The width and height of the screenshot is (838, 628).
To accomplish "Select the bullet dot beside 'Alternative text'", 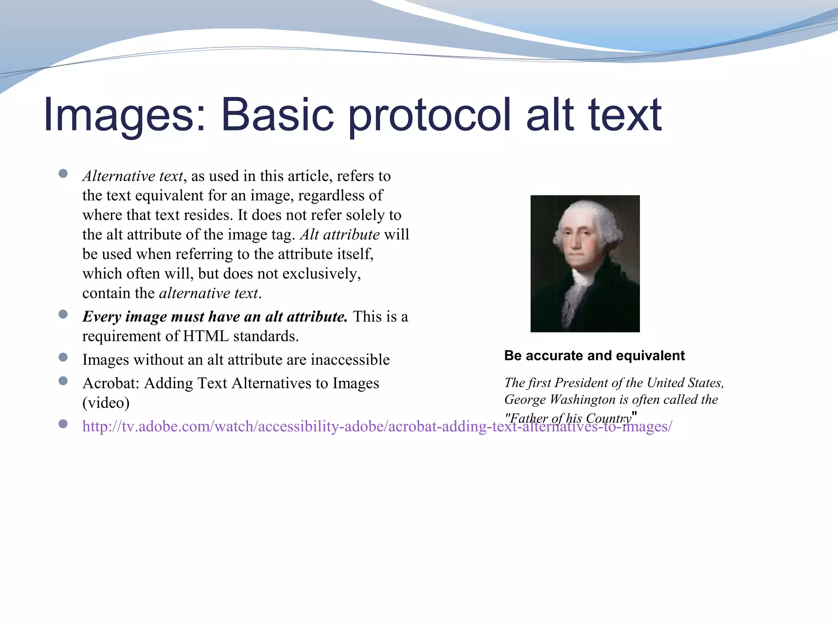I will tap(63, 174).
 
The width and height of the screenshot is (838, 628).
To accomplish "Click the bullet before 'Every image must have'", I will tap(63, 314).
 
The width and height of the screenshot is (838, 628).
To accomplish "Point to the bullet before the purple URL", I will tap(63, 424).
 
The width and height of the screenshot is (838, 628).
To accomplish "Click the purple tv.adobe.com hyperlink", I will tap(376, 426).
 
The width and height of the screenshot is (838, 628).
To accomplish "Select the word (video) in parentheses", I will tap(106, 403).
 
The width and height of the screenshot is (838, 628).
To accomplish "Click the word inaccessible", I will tap(350, 360).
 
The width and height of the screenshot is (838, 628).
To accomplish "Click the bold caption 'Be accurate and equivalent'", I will tap(594, 356).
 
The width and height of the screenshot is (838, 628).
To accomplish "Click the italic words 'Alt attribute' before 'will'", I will tap(340, 235).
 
